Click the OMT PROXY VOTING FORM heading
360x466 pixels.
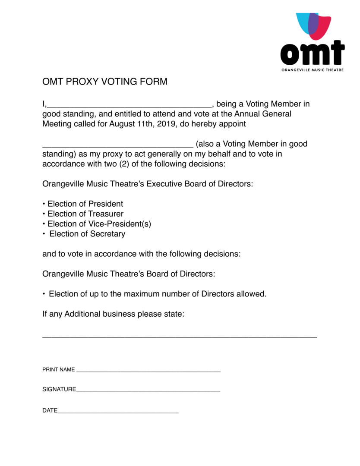coord(104,82)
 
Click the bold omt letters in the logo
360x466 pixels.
coord(312,53)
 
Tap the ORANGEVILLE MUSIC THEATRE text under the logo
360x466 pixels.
coord(312,70)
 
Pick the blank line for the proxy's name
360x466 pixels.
coord(117,145)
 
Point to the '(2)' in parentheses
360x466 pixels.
coord(124,164)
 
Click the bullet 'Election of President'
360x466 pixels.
coord(85,204)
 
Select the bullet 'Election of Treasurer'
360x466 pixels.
coord(85,214)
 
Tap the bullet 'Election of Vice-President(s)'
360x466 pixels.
coord(99,224)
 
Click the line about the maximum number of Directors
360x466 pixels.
coord(158,294)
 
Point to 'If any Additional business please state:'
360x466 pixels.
coord(113,314)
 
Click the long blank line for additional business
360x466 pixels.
coord(179,336)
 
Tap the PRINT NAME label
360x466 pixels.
coord(58,370)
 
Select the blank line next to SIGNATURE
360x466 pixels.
coord(148,391)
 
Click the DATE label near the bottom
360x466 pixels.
coord(50,411)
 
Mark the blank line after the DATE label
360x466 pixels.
coord(118,412)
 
